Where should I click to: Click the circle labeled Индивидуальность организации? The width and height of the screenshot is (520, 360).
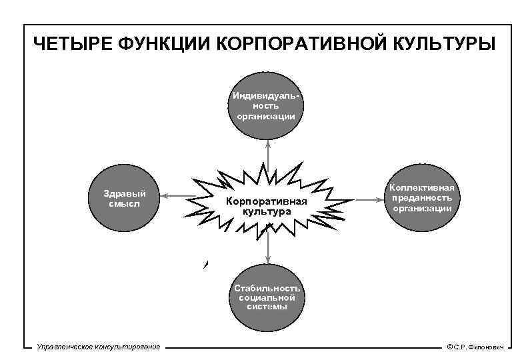267,106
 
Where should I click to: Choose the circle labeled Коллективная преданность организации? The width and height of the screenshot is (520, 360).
422,198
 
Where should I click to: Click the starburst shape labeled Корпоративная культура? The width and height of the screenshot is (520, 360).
267,205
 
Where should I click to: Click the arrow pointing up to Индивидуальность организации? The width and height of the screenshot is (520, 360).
267,152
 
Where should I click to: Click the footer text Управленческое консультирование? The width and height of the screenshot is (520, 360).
99,347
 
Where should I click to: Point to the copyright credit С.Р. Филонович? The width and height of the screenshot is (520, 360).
477,347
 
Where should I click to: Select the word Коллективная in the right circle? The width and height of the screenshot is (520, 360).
422,188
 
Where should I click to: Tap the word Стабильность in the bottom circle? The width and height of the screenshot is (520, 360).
267,288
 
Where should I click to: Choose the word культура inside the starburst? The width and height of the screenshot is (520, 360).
267,211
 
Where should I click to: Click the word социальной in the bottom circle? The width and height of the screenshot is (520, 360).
267,297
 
